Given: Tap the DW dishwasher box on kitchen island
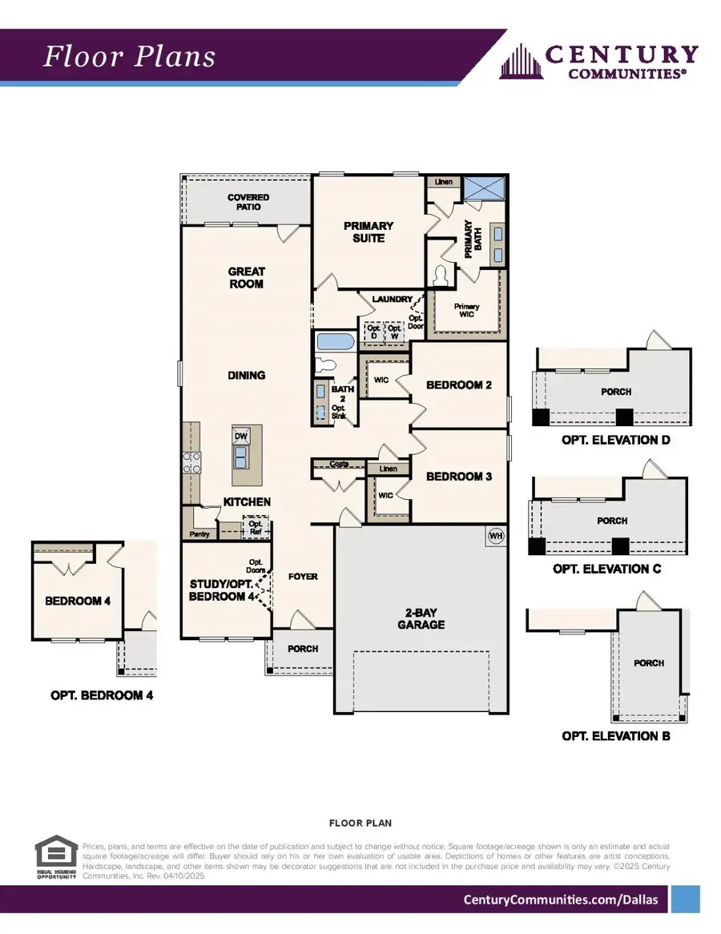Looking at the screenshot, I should point(240,436).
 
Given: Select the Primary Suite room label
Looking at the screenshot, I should point(368,231).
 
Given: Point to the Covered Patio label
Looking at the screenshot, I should point(248,202).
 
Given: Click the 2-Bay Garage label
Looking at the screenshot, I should point(421,618).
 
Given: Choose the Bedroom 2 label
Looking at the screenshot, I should point(459,385).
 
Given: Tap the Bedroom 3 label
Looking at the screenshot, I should point(459,477).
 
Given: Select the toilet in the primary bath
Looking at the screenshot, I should point(440,276).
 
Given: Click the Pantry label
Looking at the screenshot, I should point(199,533).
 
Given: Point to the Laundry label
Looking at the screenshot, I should point(392,300).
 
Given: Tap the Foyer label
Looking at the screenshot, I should point(303,577).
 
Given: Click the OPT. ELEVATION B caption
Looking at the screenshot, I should point(616,735).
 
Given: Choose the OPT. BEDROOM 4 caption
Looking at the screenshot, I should point(102,695).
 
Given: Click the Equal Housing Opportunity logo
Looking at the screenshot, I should point(55,860).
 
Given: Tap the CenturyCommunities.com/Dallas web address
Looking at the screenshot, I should point(561,900).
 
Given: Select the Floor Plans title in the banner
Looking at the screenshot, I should point(129,57).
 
